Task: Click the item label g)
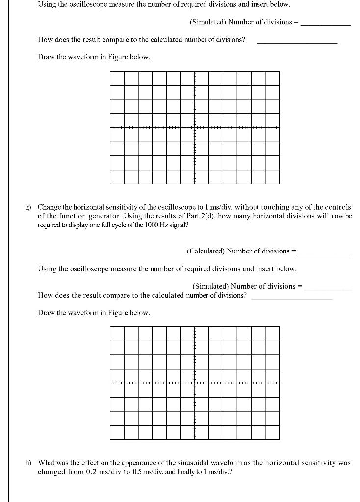(x=29, y=208)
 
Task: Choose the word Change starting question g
(x=50, y=208)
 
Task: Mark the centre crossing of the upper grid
(x=195, y=127)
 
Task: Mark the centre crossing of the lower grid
(x=195, y=383)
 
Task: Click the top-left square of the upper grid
(x=117, y=78)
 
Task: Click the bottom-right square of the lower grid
(x=272, y=432)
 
